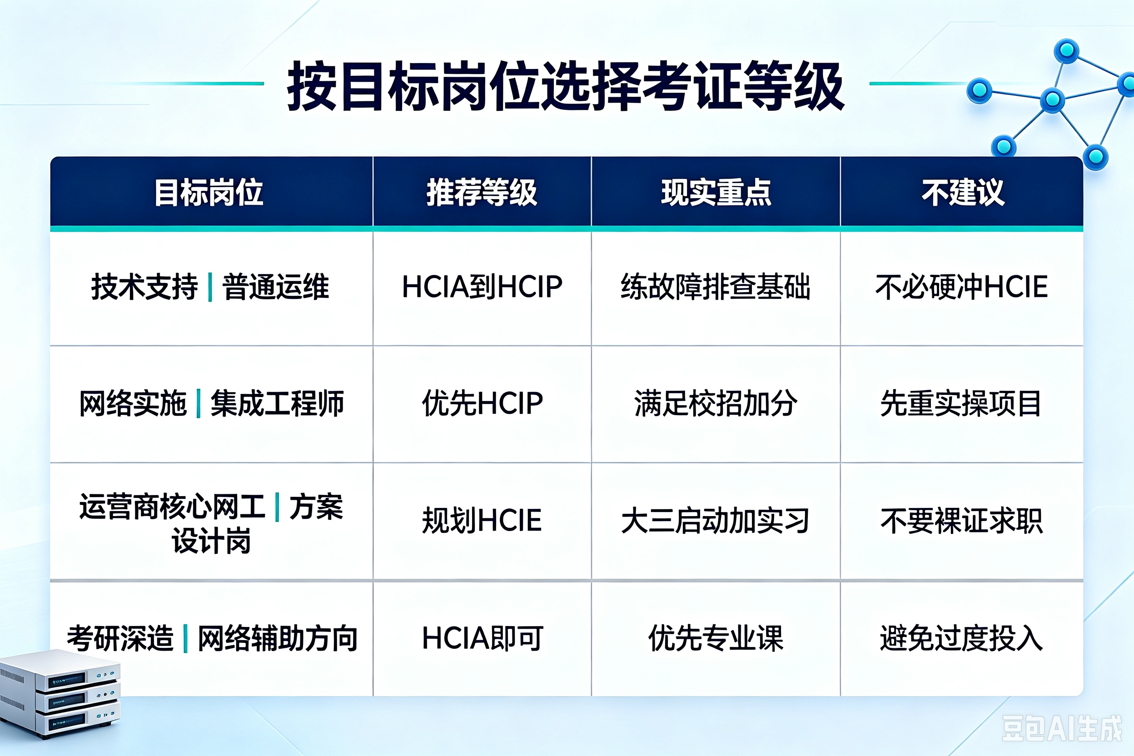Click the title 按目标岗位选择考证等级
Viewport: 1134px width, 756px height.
tap(565, 86)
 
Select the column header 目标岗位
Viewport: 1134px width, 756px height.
tap(209, 192)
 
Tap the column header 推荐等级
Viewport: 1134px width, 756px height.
tap(482, 192)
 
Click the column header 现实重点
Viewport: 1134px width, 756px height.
tap(716, 192)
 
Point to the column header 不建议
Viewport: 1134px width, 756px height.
tap(963, 192)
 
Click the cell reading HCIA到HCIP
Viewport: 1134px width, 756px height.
tap(482, 286)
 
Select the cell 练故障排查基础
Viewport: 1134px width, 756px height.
tap(716, 286)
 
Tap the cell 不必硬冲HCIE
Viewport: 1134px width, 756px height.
tap(962, 286)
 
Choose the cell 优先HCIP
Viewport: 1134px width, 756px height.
tap(482, 403)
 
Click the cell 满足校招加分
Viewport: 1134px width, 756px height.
tap(716, 403)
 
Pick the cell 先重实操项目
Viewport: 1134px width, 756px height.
tap(961, 403)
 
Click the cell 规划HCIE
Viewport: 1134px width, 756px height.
tap(482, 520)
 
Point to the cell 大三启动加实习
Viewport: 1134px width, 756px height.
tap(716, 520)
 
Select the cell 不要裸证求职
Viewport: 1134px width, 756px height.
tap(961, 520)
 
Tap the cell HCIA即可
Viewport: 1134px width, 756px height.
tap(482, 638)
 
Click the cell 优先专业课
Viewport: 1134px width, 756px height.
tap(716, 638)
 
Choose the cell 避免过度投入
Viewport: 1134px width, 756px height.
tap(961, 638)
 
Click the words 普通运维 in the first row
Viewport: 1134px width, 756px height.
tap(275, 286)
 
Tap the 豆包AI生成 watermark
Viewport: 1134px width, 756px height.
tap(1062, 728)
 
